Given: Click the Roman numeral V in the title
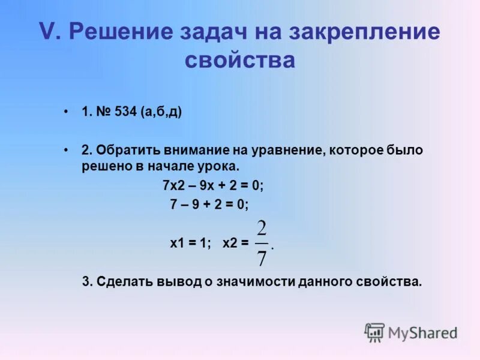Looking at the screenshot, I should (x=47, y=32).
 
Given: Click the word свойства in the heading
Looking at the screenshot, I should (x=240, y=61).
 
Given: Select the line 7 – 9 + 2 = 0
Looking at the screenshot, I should (x=209, y=204).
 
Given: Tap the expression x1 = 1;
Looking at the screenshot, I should (x=190, y=244).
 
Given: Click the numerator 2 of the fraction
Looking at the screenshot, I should (x=262, y=229).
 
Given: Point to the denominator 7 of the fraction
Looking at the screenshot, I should (x=262, y=257).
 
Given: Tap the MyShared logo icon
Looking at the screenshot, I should (x=374, y=332).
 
